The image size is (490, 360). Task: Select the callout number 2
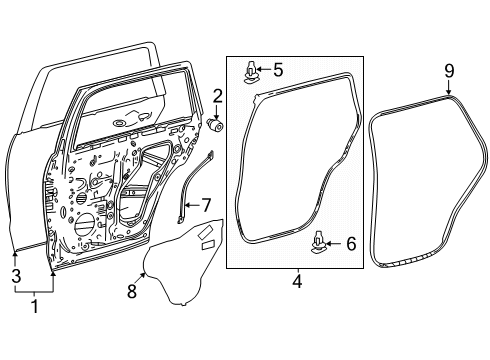[x=217, y=95]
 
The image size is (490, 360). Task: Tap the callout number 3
[x=15, y=275]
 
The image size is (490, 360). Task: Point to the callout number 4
[x=296, y=283]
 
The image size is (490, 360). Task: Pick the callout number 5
[x=278, y=70]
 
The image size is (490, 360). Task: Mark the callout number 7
[x=206, y=206]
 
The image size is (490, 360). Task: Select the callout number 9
[x=449, y=71]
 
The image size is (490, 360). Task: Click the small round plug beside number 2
[x=217, y=125]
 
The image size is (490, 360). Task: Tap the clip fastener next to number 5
[x=250, y=71]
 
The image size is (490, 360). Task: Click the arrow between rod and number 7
[x=192, y=207]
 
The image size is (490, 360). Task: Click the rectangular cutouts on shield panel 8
[x=205, y=238]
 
